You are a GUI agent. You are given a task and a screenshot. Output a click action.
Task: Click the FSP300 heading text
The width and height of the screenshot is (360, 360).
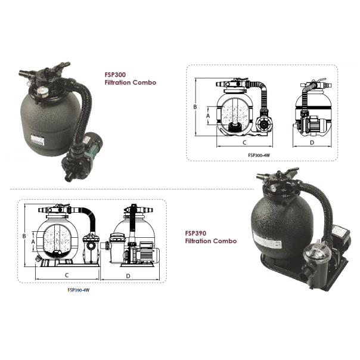click(115, 75)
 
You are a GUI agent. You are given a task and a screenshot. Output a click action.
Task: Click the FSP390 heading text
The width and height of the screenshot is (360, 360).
click(195, 233)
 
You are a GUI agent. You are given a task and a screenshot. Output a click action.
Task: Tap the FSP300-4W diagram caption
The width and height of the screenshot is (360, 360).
click(259, 155)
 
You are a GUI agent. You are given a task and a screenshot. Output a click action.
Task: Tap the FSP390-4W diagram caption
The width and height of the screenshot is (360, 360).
click(79, 290)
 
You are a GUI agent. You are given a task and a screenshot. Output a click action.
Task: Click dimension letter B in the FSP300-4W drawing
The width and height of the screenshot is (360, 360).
click(195, 107)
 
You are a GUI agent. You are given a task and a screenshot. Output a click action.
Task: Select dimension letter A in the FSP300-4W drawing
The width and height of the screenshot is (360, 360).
click(208, 116)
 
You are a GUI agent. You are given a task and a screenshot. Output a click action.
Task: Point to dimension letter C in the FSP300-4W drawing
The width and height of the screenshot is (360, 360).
click(244, 142)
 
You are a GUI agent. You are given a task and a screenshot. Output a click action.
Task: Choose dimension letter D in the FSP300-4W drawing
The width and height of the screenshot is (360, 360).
click(312, 142)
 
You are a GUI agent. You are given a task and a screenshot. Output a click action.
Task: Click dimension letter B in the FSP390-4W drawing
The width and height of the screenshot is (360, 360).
click(24, 236)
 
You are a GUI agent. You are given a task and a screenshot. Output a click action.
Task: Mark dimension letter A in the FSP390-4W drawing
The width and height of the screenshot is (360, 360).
click(33, 241)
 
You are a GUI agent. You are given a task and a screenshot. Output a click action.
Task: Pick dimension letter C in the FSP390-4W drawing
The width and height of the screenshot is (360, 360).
click(67, 275)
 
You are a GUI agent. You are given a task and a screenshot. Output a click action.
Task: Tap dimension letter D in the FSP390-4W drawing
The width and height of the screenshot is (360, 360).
click(128, 276)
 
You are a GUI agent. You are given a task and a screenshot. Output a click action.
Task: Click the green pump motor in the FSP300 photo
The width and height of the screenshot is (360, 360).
click(90, 147)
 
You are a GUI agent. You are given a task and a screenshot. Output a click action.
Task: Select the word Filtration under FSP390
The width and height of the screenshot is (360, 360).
click(198, 241)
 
